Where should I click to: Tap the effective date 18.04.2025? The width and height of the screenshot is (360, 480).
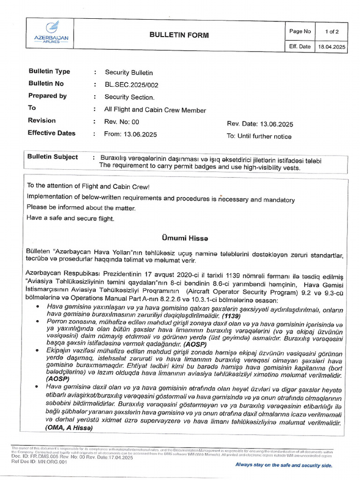pos(331,47)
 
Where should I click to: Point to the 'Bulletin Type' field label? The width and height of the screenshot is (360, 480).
pos(49,72)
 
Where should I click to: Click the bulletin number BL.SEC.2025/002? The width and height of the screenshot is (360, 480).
pos(131,85)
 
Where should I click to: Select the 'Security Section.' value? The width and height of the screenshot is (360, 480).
pos(129,97)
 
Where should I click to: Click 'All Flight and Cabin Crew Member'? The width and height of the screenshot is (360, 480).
pos(155,110)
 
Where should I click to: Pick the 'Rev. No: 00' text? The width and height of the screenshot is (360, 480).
pos(122,121)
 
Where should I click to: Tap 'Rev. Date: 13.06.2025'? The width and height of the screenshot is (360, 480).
pos(260,124)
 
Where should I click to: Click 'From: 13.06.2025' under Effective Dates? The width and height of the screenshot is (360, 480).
pos(131,134)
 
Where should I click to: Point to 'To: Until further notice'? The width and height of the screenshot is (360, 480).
pos(259,137)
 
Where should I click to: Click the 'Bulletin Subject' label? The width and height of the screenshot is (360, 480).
pos(52,157)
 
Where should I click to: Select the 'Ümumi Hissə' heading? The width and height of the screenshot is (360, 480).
pos(181,239)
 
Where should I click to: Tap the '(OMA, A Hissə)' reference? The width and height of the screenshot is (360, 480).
pos(69,428)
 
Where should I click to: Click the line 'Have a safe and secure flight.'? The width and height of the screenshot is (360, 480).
pos(70,218)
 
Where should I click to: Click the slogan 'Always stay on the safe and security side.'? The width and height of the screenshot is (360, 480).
pos(284,465)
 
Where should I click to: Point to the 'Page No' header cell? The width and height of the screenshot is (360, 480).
pos(300,31)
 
